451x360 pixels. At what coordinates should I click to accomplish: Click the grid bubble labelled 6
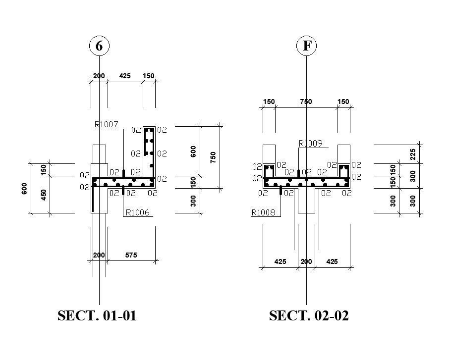point(99,46)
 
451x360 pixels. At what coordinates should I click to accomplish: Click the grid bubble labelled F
point(306,46)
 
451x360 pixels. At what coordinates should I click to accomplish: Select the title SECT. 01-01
point(97,316)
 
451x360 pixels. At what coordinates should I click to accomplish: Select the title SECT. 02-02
point(309,316)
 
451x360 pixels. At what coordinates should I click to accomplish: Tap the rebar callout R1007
point(107,125)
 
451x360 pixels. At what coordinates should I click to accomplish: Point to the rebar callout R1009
point(310,144)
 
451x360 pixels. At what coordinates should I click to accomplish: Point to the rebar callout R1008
point(264,213)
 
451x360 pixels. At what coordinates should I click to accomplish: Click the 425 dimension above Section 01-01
point(124,76)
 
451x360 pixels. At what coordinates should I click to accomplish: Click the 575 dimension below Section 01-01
point(131,256)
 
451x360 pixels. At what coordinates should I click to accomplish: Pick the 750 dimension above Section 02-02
point(306,102)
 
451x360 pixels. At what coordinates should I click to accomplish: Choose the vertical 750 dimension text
point(213,157)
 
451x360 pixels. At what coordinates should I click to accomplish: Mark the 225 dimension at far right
point(413,154)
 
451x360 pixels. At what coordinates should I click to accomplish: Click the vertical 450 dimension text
point(44,195)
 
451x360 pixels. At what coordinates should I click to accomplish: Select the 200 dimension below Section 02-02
point(307,261)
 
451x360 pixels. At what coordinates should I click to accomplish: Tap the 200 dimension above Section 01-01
point(99,76)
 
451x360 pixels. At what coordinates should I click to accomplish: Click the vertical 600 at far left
point(24,188)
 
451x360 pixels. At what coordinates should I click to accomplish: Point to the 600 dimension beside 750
point(194,151)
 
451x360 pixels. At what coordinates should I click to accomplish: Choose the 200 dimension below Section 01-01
point(99,256)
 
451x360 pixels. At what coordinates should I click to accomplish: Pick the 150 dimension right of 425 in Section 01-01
point(148,76)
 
